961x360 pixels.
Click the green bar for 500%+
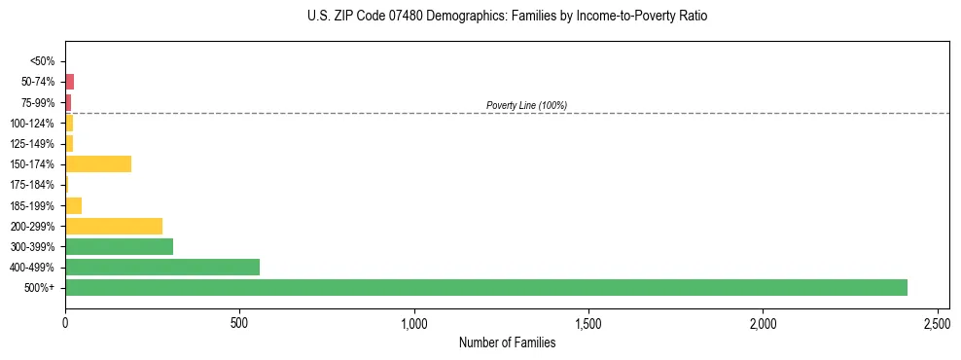pos(486,287)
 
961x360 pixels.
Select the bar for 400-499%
pos(162,267)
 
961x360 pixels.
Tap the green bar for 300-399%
pos(119,246)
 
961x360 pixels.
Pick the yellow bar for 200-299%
pos(114,226)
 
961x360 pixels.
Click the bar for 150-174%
pos(98,163)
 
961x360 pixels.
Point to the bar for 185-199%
pos(74,205)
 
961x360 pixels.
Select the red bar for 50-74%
pos(70,82)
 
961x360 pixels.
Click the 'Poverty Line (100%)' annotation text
pos(526,105)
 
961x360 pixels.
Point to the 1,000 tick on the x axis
pos(414,322)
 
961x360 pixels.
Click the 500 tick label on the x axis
pos(240,322)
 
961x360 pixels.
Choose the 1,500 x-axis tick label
pos(588,322)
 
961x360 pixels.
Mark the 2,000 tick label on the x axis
pos(764,322)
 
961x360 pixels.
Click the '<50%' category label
pos(43,61)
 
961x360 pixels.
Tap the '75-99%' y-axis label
pos(38,103)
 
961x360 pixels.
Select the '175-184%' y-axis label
pos(33,185)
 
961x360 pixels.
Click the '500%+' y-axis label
pos(40,288)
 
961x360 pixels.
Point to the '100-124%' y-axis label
pos(33,124)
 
